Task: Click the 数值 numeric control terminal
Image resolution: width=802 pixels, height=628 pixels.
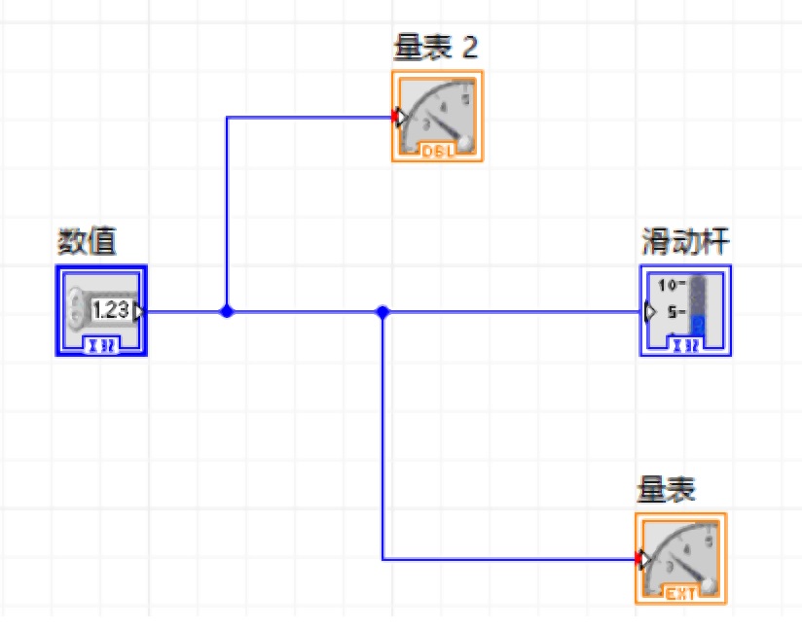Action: tap(101, 311)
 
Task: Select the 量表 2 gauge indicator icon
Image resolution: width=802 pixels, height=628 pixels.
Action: tap(437, 116)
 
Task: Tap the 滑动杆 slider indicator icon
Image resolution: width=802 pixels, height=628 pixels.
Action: tap(685, 310)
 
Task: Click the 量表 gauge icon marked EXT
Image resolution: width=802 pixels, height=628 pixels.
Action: tap(680, 558)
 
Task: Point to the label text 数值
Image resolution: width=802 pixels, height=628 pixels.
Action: tap(87, 241)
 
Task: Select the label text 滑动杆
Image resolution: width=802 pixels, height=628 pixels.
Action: tap(685, 240)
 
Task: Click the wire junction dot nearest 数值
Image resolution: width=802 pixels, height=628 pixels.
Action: tap(227, 312)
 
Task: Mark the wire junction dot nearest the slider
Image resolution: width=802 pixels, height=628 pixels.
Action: tap(383, 312)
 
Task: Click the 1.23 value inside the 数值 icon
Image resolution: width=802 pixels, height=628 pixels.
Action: tap(111, 310)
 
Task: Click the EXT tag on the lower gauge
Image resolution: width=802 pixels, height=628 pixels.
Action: tap(680, 593)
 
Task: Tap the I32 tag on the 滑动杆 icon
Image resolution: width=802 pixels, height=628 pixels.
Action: tap(685, 345)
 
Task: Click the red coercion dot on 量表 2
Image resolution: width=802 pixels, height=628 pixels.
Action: tap(395, 118)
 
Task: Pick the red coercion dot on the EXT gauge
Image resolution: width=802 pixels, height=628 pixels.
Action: tap(638, 559)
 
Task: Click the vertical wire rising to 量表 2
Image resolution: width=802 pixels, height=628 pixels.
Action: tap(227, 214)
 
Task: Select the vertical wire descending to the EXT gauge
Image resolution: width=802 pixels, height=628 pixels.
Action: tap(383, 437)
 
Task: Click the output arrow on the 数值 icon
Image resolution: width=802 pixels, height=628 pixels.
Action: tap(139, 311)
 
